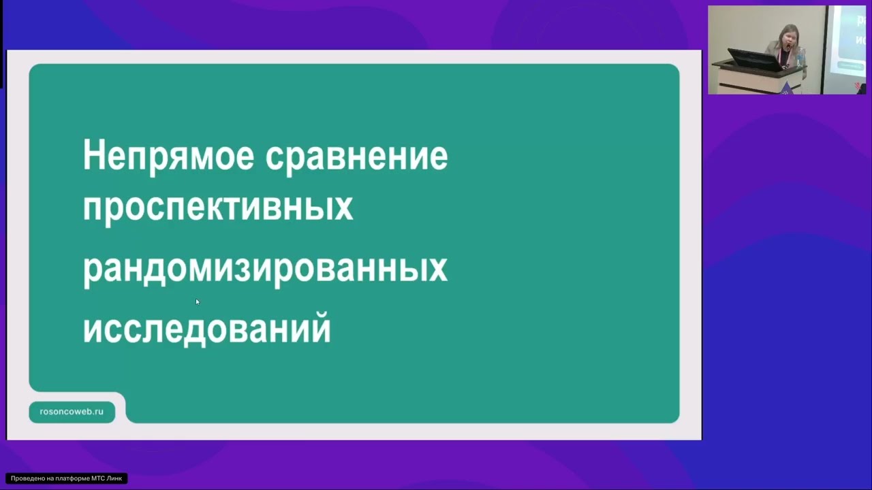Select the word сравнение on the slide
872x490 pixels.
pos(356,157)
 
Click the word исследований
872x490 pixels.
pos(206,329)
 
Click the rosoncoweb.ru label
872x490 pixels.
pos(72,412)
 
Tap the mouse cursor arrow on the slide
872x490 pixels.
pos(197,301)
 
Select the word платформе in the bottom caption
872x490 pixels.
pos(71,478)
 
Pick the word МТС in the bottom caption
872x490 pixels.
pos(97,478)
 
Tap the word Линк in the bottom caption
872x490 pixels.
pos(114,478)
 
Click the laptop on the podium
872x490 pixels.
pos(755,60)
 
